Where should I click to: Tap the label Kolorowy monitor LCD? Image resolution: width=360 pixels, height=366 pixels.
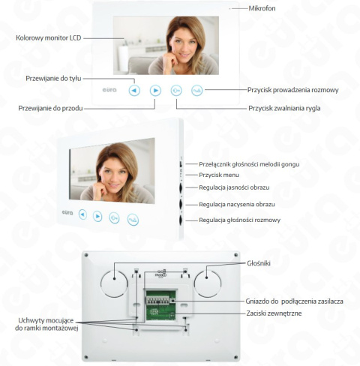pyautogui.click(x=49, y=37)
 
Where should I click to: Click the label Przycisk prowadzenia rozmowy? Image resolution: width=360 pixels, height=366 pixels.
pyautogui.click(x=293, y=90)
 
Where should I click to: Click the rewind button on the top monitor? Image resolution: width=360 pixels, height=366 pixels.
pyautogui.click(x=133, y=91)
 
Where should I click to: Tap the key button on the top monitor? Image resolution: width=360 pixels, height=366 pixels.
pyautogui.click(x=175, y=91)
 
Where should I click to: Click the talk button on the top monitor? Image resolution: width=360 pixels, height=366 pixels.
pyautogui.click(x=196, y=91)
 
